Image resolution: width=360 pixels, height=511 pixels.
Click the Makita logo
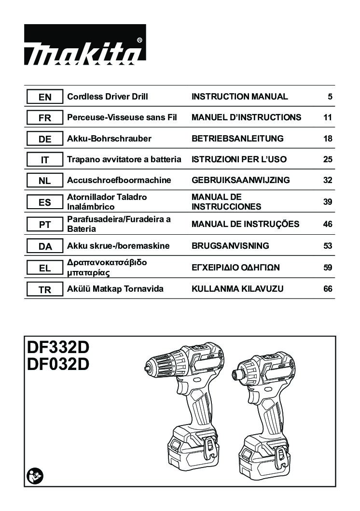pyautogui.click(x=85, y=44)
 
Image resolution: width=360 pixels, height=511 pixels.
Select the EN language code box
pyautogui.click(x=44, y=97)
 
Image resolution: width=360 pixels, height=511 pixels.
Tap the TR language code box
pyautogui.click(x=44, y=289)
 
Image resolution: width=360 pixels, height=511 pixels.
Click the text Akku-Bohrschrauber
pyautogui.click(x=109, y=139)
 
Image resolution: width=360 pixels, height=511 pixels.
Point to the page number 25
pyautogui.click(x=328, y=159)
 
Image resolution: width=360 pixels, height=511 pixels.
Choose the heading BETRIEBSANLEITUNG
pyautogui.click(x=237, y=139)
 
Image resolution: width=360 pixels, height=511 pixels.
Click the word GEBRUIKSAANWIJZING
pyautogui.click(x=240, y=180)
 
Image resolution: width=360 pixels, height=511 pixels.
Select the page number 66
pyautogui.click(x=328, y=289)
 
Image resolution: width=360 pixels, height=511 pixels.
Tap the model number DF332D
pyautogui.click(x=58, y=347)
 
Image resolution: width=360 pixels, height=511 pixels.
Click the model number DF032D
pyautogui.click(x=58, y=364)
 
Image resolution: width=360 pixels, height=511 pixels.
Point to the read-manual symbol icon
pyautogui.click(x=35, y=477)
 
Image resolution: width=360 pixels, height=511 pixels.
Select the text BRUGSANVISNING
pyautogui.click(x=231, y=246)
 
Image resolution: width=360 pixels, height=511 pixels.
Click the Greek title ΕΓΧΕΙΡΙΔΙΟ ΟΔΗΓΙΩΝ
pyautogui.click(x=235, y=268)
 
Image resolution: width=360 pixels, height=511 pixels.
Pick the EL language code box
pyautogui.click(x=44, y=268)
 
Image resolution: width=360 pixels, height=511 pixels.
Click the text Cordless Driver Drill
pyautogui.click(x=108, y=97)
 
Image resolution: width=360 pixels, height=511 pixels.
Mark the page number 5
pyautogui.click(x=330, y=97)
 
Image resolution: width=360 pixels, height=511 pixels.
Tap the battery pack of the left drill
pyautogui.click(x=194, y=448)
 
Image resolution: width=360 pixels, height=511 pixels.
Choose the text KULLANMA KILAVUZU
pyautogui.click(x=237, y=289)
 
